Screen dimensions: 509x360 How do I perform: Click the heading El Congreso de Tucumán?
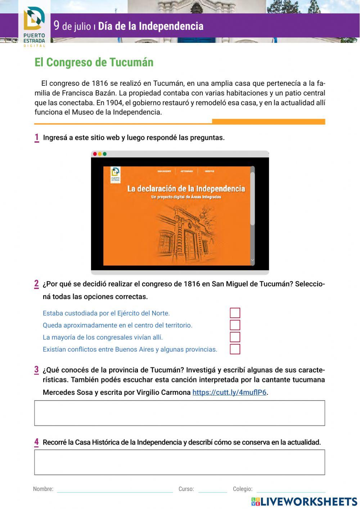point(94,62)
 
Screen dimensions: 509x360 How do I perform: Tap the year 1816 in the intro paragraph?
point(100,84)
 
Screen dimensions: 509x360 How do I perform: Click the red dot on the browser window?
point(95,154)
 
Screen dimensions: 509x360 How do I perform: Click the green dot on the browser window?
point(105,154)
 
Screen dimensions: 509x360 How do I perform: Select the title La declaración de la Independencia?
point(186,189)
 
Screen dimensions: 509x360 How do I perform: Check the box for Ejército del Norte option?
point(235,313)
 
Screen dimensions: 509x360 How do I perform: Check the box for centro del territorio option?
point(235,325)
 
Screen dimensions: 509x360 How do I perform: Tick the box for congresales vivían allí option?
point(235,337)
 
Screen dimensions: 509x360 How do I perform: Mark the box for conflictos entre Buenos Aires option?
point(235,349)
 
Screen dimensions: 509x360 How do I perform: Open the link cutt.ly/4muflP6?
point(229,392)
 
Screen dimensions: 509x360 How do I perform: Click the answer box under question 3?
point(180,413)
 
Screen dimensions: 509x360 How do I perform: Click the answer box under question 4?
point(180,462)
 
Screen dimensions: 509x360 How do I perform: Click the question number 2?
point(36,284)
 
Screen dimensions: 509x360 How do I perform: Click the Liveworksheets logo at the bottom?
point(304,501)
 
